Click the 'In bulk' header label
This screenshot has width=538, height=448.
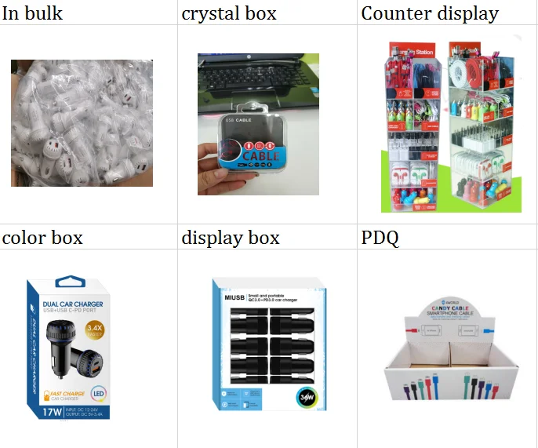click(x=33, y=13)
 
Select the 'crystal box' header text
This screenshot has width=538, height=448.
click(x=229, y=13)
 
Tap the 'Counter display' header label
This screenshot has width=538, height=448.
click(x=429, y=13)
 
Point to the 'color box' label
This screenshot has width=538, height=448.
click(x=42, y=238)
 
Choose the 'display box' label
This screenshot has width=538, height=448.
click(x=231, y=238)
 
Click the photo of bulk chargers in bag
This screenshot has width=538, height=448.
click(x=82, y=123)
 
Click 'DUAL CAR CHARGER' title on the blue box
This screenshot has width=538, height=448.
click(x=73, y=305)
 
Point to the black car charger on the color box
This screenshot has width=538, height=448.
click(x=71, y=348)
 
